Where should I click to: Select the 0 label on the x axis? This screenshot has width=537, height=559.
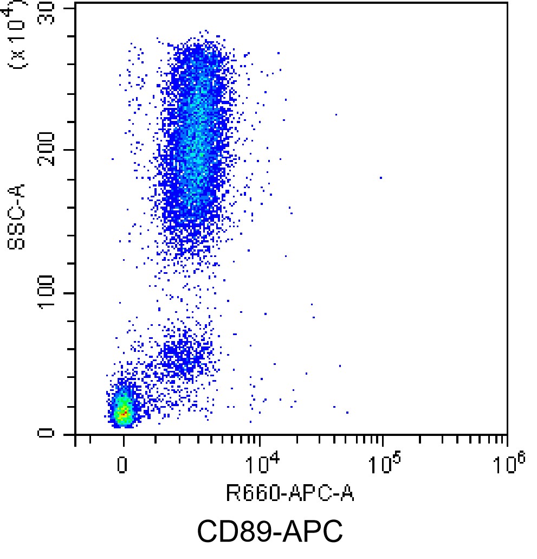tap(123, 466)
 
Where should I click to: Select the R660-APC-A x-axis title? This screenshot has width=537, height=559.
tap(290, 494)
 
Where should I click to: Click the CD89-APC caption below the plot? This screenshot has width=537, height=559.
tap(269, 532)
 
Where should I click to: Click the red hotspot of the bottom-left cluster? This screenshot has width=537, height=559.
tap(124, 413)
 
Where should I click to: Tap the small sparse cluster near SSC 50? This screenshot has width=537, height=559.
tap(182, 355)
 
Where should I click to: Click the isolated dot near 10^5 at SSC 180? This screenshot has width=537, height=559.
tap(381, 177)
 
